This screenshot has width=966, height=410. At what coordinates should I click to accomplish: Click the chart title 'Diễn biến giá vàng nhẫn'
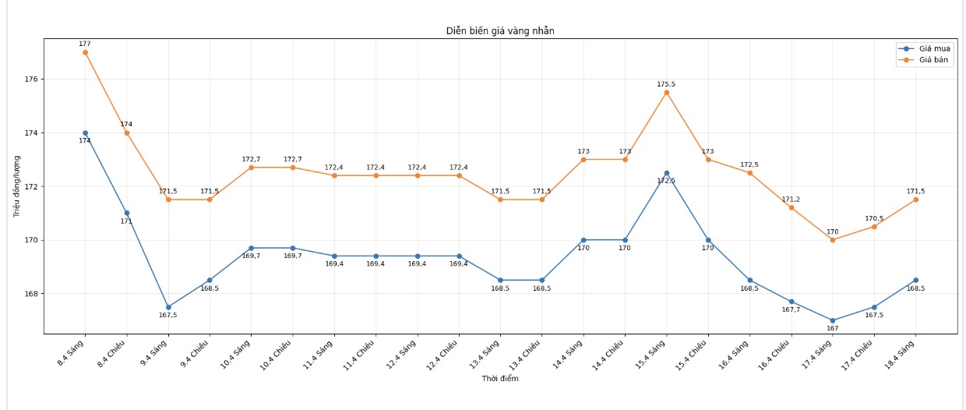pos(500,31)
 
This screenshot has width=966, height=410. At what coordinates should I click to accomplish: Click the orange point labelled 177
pos(85,52)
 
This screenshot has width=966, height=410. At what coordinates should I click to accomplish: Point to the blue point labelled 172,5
pos(666,173)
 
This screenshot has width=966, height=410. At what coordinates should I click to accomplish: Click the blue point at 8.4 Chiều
pos(126,213)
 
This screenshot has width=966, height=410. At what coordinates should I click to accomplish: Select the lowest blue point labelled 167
pos(832,320)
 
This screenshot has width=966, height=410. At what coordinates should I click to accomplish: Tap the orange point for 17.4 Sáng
pos(832,240)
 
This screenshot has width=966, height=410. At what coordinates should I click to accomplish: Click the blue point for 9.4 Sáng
pos(168,307)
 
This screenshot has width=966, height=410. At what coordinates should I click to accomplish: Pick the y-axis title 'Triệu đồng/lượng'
pos(17,186)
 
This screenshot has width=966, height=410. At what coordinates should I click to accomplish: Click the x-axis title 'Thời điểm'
pos(500,379)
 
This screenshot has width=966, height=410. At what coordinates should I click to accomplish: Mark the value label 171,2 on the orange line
pos(791,200)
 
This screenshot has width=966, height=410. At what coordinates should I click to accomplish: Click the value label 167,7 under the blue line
pos(791,309)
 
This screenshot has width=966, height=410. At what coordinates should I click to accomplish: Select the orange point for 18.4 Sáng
pos(915,200)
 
